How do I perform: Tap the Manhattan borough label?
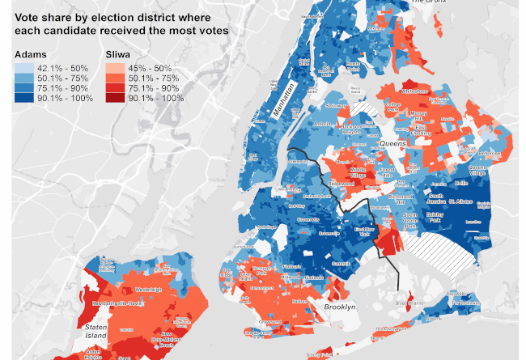click(x=284, y=102)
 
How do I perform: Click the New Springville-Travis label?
click(x=118, y=303)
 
